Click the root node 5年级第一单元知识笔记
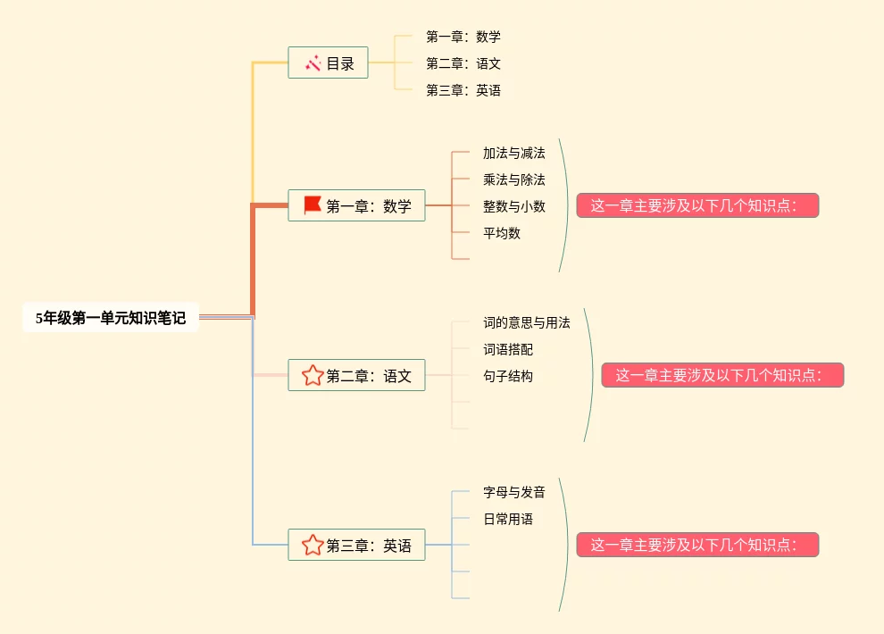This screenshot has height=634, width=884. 111,318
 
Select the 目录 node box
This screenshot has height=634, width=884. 328,63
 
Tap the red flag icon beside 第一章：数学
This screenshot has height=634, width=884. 313,205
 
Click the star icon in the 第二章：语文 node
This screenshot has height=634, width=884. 313,375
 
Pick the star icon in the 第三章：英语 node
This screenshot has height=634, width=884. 313,545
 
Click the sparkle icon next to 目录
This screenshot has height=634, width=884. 313,63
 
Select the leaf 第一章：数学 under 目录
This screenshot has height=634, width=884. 463,37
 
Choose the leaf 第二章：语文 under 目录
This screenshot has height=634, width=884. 463,63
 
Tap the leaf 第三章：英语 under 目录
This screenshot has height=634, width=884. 463,90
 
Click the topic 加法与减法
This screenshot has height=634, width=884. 513,153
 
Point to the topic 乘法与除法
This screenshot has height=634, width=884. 513,179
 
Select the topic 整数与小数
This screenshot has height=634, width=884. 513,206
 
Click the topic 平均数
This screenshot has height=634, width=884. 502,233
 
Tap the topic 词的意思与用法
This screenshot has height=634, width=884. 526,322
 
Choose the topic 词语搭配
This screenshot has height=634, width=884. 508,349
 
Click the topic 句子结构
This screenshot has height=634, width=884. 508,376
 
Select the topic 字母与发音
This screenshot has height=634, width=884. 513,492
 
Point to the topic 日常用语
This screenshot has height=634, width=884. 508,519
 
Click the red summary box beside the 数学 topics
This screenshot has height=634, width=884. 697,205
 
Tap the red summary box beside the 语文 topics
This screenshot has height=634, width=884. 722,375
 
